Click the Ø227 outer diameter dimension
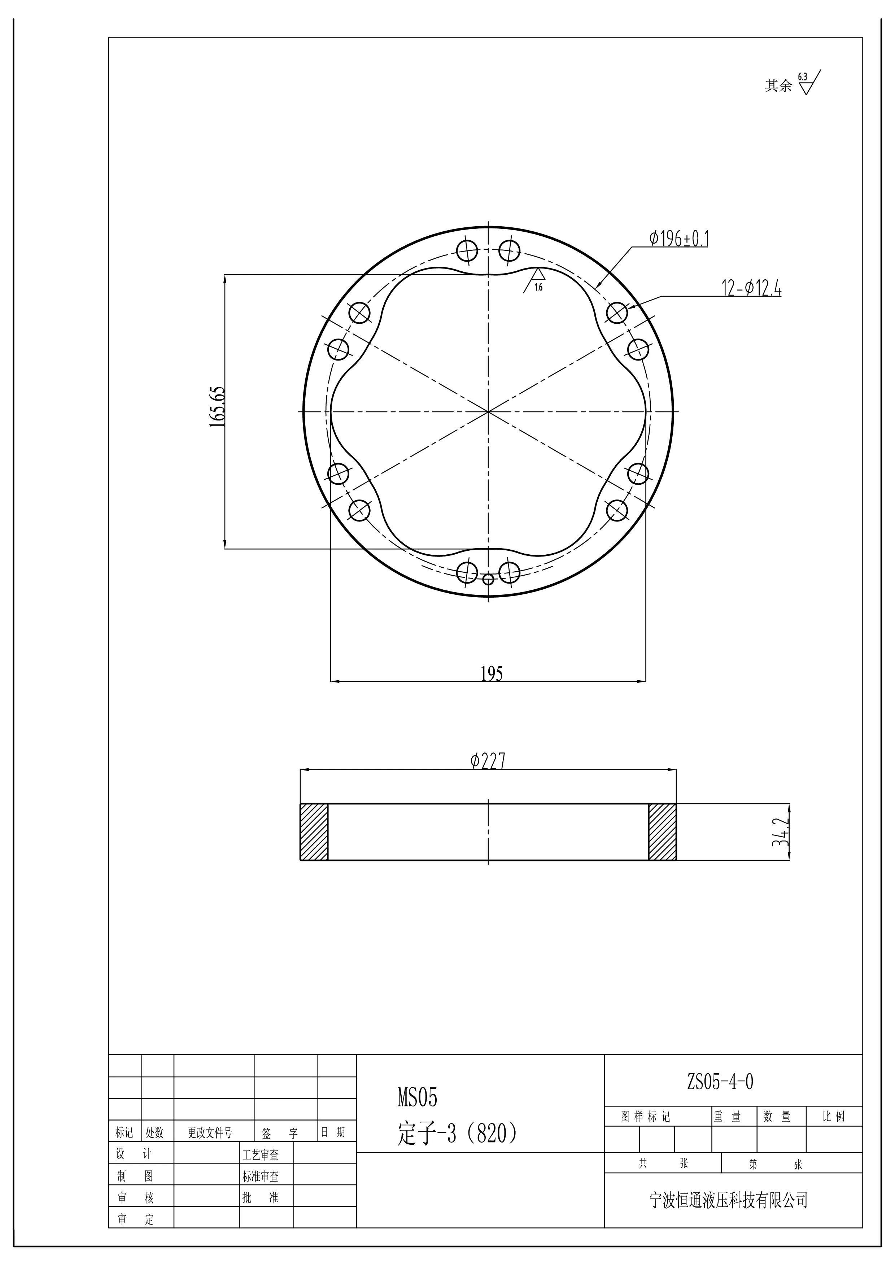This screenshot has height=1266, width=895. pos(488,761)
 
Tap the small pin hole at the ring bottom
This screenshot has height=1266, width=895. pos(488,579)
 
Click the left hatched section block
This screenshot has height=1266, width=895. pos(314,831)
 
